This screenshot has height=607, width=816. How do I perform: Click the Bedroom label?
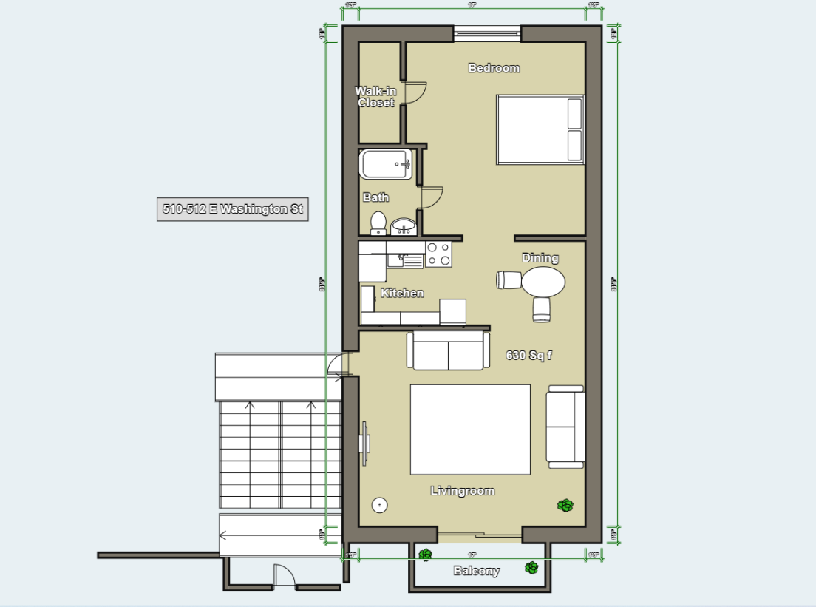coord(494,68)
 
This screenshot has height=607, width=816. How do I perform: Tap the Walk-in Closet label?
coord(375,97)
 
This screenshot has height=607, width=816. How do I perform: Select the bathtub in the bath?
coord(386,164)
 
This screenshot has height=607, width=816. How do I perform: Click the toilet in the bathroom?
coord(378,223)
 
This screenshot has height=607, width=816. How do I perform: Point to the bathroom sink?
coord(404,225)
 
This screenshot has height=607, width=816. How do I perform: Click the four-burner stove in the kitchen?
coord(438,254)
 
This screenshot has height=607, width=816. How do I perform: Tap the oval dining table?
coord(543,282)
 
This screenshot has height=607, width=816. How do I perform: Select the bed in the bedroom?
coord(540,129)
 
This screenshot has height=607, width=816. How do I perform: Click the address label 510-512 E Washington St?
coord(232,209)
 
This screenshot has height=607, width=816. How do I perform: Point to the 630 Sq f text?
coord(528,356)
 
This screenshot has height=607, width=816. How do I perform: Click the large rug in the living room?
coord(470,429)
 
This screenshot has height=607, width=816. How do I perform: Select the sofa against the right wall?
coord(566,427)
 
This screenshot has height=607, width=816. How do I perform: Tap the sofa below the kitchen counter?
coord(448,350)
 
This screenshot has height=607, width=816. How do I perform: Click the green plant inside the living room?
coord(565,505)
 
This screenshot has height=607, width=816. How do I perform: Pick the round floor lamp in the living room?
coord(379,505)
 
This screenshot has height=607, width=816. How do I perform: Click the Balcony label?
coord(476,571)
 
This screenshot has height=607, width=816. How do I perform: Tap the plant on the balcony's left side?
coord(425,554)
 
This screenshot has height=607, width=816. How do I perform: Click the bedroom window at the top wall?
coord(487,32)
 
